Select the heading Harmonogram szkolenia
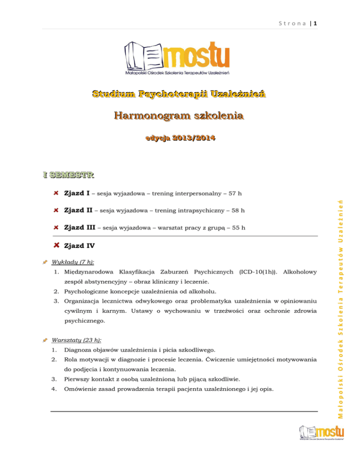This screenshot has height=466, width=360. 180,115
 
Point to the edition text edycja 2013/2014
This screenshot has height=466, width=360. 180,138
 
